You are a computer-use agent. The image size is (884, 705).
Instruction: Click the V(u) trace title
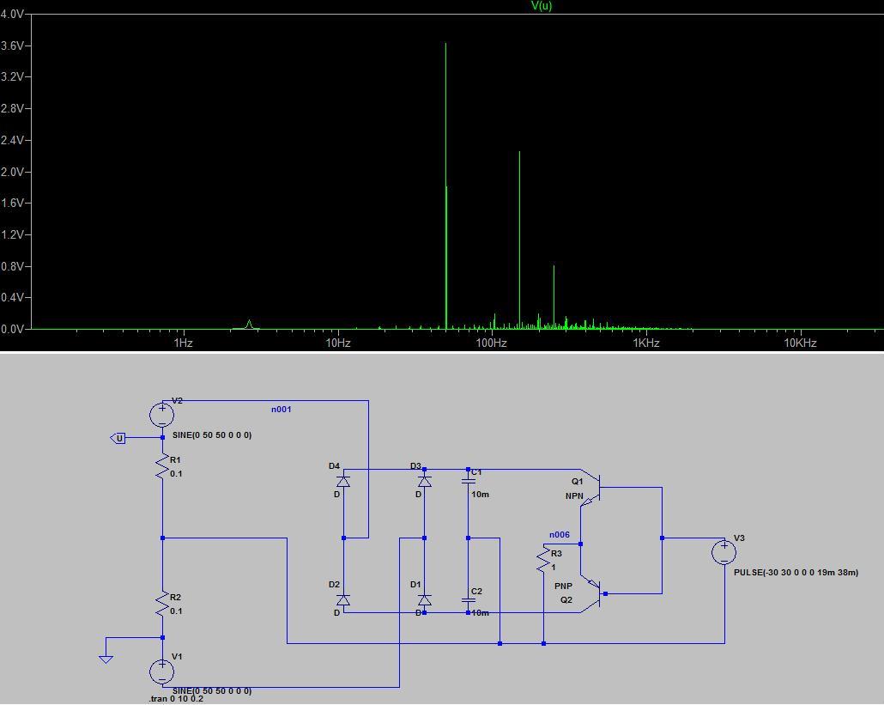click(542, 6)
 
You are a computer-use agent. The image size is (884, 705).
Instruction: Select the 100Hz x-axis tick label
click(492, 343)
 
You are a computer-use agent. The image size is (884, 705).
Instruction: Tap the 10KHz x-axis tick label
click(800, 343)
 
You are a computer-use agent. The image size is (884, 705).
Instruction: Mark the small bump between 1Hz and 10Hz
click(249, 324)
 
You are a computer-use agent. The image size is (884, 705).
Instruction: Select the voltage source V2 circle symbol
click(162, 415)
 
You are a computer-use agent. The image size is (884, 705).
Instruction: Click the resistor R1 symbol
click(162, 466)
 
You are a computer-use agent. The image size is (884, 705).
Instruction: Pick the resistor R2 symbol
click(162, 605)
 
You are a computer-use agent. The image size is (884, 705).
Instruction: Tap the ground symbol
click(106, 658)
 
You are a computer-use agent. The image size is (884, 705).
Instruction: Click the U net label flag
click(119, 438)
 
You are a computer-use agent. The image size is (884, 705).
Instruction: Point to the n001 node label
click(282, 410)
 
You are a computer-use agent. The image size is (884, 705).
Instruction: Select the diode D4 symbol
click(343, 482)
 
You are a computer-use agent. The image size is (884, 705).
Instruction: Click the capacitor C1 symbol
click(468, 482)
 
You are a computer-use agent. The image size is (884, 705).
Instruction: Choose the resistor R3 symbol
click(543, 561)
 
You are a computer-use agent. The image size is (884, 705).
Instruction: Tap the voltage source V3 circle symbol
click(724, 551)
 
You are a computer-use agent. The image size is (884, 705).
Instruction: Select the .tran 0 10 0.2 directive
click(176, 699)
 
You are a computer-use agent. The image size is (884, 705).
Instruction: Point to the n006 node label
click(559, 535)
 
